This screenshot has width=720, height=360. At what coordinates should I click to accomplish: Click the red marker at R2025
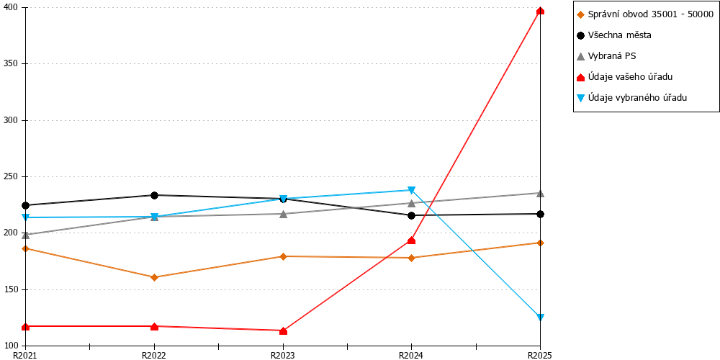tap(541, 11)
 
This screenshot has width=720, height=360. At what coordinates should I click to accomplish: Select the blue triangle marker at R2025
tap(541, 318)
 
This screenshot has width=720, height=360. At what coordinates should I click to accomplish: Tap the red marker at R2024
tap(411, 240)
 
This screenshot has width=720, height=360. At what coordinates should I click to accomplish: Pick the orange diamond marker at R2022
tap(154, 277)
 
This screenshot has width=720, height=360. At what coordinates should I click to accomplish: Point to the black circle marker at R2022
tap(154, 195)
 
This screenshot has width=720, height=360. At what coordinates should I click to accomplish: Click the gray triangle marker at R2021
tap(26, 235)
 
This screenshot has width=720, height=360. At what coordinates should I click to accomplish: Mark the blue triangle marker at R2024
tap(411, 190)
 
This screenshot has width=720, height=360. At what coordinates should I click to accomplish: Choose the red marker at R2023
tap(283, 330)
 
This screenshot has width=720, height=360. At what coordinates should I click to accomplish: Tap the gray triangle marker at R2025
tap(541, 193)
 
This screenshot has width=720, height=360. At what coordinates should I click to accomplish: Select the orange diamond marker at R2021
tap(26, 248)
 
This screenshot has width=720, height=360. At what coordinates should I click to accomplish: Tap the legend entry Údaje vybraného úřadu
tap(632, 97)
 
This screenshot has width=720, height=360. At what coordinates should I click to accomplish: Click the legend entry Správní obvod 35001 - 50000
tap(645, 14)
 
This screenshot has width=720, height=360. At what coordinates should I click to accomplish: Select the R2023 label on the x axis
tap(283, 355)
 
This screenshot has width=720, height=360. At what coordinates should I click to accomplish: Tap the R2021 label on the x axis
tap(24, 355)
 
